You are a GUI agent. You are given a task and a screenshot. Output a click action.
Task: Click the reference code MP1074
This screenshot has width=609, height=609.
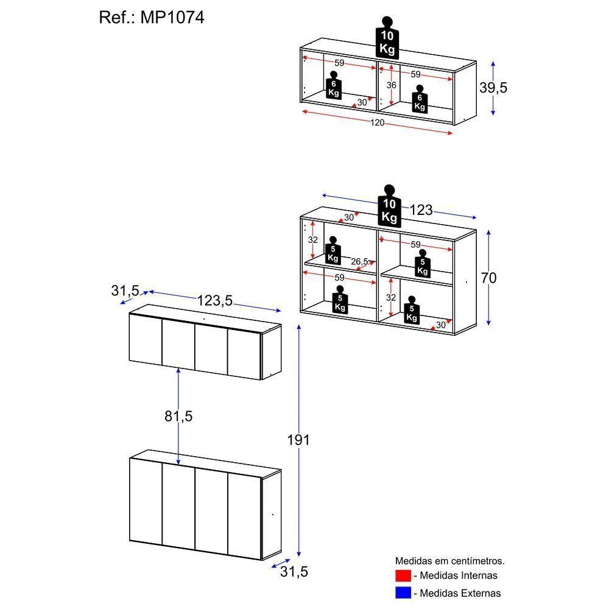coord(172,18)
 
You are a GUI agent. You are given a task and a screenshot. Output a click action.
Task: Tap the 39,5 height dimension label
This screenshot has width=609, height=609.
coord(493,88)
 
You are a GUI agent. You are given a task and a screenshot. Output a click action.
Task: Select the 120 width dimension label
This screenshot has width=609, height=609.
coord(378,123)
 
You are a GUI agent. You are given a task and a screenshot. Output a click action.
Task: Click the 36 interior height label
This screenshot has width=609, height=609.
coord(391,85)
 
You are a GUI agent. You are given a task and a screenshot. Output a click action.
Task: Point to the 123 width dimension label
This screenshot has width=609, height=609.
coord(421,210)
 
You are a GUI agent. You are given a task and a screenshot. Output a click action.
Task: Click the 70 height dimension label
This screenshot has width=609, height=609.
coord(488,278)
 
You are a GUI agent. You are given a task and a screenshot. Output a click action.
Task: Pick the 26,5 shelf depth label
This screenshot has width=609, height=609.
coord(359,262)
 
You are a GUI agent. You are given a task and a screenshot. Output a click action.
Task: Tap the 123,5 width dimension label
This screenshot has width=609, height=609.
coord(215,300)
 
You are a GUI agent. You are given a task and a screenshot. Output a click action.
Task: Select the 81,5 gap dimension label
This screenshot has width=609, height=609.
coord(178,417)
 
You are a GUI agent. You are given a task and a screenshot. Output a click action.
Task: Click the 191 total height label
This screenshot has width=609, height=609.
coord(298,440)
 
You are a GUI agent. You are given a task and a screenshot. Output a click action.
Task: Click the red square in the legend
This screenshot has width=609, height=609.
coord(403,575)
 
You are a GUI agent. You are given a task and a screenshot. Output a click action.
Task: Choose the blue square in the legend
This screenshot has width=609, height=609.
coord(403,592)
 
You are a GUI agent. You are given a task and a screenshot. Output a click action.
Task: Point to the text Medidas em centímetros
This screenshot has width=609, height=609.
coord(450,560)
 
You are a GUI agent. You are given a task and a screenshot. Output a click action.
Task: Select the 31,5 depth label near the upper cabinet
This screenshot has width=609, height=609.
coord(125,291)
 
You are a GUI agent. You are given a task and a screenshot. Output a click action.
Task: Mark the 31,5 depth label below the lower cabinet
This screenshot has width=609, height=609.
coord(294,572)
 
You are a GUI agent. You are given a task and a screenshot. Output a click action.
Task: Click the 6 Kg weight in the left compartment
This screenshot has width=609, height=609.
coord(333,86)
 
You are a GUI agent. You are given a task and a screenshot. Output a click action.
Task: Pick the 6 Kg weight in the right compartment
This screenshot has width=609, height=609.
coord(419,99)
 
